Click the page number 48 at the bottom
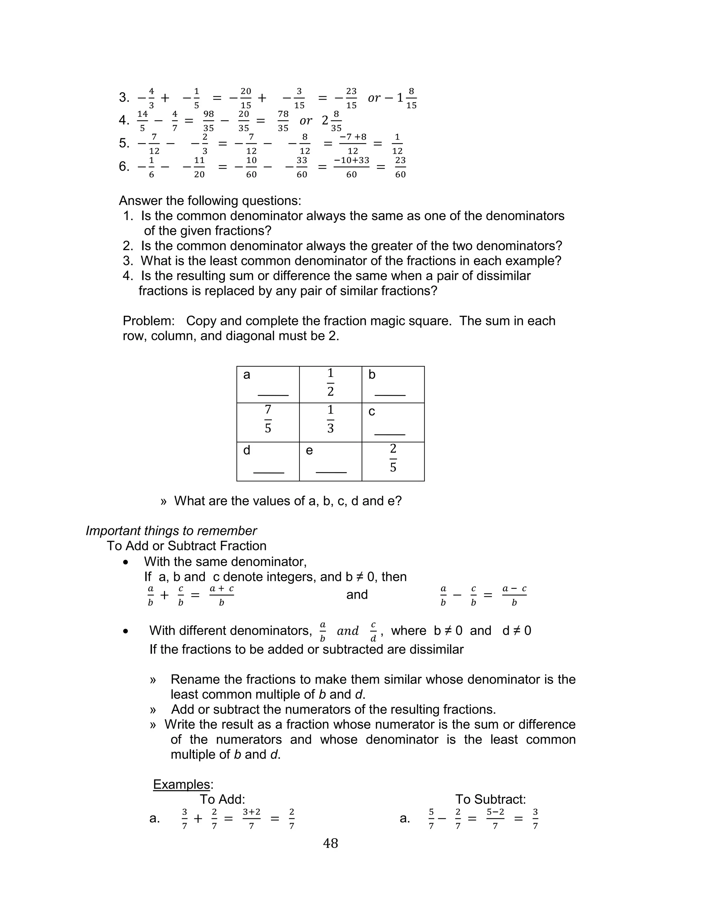click(330, 843)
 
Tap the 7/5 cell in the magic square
click(268, 419)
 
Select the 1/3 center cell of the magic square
click(330, 419)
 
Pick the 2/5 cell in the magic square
click(393, 458)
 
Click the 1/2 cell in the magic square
click(330, 382)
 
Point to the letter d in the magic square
click(246, 450)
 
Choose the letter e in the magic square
click(309, 451)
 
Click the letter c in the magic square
click(371, 412)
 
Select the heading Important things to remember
click(171, 531)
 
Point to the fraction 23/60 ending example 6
click(400, 167)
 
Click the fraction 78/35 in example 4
click(283, 121)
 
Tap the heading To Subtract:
click(490, 799)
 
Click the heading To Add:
click(222, 799)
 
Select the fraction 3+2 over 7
click(251, 818)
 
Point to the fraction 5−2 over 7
click(495, 818)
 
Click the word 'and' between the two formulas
click(356, 594)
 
